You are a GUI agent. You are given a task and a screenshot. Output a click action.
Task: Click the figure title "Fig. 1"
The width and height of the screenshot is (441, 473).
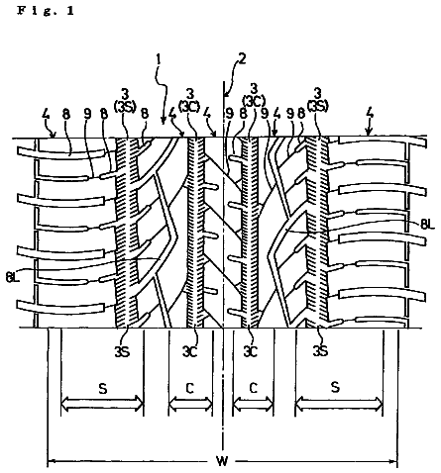(46, 11)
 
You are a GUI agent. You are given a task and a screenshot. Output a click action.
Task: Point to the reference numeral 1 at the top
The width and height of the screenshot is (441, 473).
(159, 60)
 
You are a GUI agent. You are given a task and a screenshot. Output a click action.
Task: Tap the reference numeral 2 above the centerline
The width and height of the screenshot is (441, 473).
(242, 59)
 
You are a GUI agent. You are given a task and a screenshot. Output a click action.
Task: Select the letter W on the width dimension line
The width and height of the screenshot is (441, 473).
(222, 461)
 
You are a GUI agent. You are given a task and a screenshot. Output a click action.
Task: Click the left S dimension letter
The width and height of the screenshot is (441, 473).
(103, 389)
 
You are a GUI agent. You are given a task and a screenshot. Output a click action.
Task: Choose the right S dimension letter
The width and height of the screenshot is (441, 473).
(335, 387)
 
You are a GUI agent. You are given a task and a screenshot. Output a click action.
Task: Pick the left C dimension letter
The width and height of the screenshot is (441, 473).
(189, 389)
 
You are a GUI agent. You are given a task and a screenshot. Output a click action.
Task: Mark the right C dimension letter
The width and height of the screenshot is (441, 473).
(253, 388)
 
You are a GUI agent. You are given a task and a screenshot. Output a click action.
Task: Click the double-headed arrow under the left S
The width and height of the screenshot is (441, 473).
(102, 404)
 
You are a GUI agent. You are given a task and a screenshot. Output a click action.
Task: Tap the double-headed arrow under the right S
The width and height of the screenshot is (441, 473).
(339, 403)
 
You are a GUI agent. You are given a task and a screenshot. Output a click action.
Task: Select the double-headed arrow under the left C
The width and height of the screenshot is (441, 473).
(190, 404)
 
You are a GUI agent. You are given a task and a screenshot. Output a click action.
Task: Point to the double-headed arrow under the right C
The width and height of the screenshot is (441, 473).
(254, 403)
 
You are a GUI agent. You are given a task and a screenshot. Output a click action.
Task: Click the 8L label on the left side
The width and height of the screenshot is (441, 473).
(13, 277)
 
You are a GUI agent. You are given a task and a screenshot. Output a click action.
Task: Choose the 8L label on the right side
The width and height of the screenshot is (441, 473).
(428, 225)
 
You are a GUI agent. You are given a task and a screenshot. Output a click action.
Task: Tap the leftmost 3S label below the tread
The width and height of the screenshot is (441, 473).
(122, 352)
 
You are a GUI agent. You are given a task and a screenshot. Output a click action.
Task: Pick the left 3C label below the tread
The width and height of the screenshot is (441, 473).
(190, 352)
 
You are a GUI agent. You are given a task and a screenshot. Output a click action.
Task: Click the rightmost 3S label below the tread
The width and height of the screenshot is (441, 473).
(320, 351)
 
